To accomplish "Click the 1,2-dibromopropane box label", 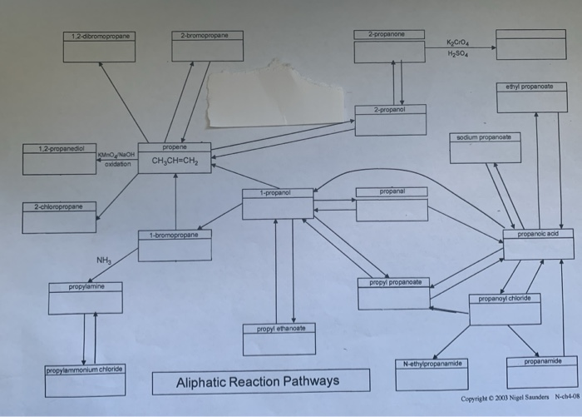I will [x=100, y=35].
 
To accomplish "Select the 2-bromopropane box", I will [x=207, y=47].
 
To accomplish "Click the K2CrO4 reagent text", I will [x=460, y=41].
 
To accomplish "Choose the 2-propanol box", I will [x=390, y=120].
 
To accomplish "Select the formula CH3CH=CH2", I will [x=175, y=161].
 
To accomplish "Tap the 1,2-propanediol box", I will [x=59, y=159].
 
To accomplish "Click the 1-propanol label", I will [x=277, y=193].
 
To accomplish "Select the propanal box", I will [x=391, y=205].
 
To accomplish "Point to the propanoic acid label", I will [x=537, y=235].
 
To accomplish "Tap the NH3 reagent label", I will [x=104, y=261].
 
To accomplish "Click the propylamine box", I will [x=85, y=298].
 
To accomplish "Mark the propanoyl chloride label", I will [x=504, y=297].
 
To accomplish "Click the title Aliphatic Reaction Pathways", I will [x=258, y=381].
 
